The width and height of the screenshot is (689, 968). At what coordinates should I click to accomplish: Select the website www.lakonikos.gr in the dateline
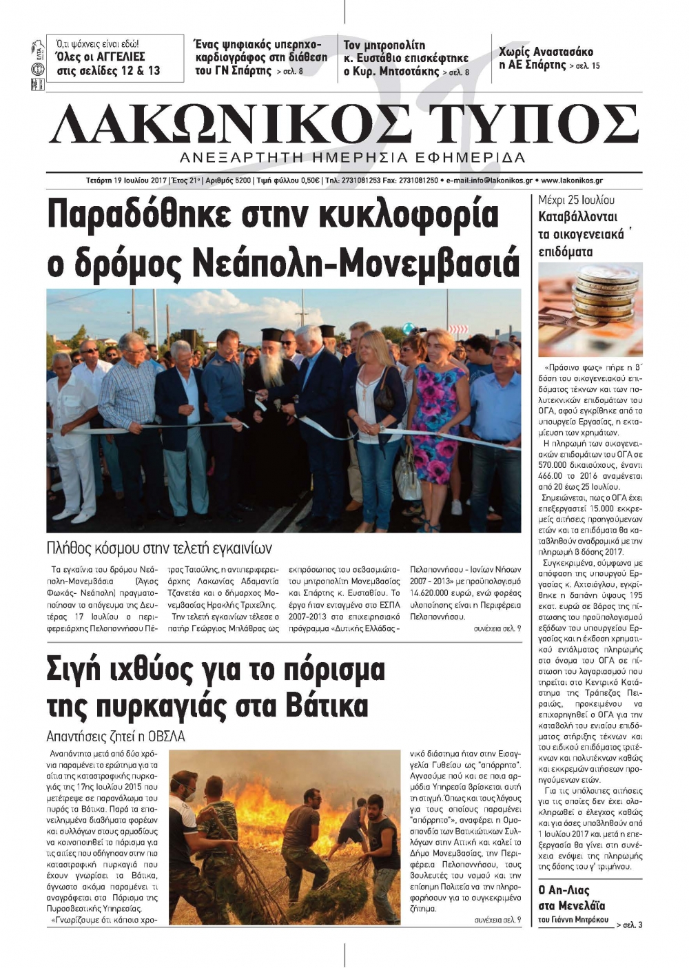pyautogui.click(x=572, y=181)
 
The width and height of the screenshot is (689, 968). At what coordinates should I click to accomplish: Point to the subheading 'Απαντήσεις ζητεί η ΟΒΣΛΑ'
pyautogui.click(x=116, y=736)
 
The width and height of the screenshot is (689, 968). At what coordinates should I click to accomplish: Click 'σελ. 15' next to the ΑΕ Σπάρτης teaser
pyautogui.click(x=584, y=66)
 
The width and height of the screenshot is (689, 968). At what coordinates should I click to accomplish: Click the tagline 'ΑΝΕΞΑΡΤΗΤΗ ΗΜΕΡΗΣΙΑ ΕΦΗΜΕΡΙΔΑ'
pyautogui.click(x=351, y=156)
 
